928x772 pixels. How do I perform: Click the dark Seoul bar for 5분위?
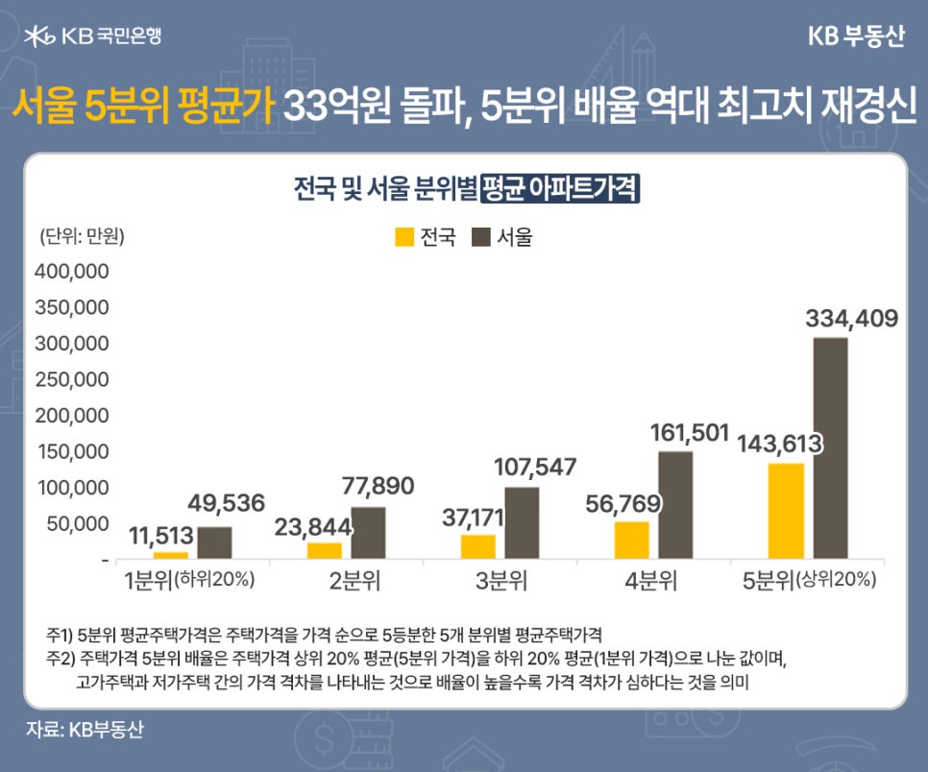tap(830, 447)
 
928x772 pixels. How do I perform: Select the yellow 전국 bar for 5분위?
tap(786, 511)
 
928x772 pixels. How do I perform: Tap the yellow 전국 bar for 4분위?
tap(632, 540)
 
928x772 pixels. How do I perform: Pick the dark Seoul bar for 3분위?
tap(522, 522)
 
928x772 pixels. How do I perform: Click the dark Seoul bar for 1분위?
tap(214, 543)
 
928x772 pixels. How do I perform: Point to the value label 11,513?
tap(160, 536)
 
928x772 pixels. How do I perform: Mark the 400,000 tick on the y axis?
tap(72, 272)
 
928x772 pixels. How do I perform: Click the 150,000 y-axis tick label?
tap(72, 451)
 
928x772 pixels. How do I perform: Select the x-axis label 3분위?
tap(500, 580)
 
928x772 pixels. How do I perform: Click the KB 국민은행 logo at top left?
tap(93, 36)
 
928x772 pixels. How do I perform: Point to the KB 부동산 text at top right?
tap(855, 36)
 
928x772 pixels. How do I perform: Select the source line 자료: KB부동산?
tap(85, 729)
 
